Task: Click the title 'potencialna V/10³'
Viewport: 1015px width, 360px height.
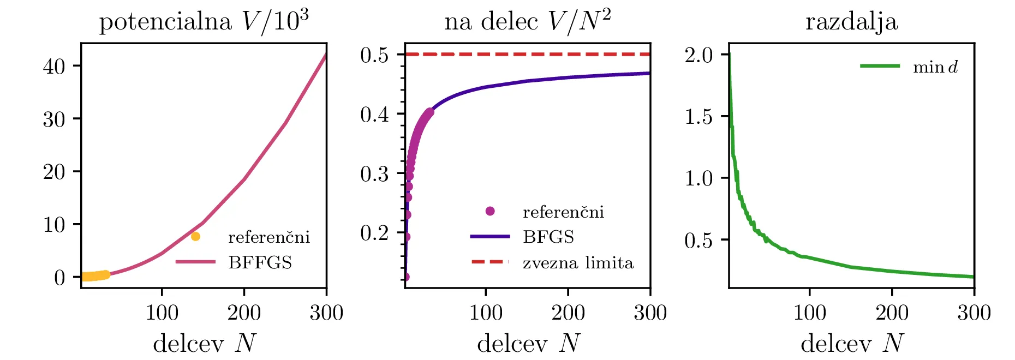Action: (x=204, y=22)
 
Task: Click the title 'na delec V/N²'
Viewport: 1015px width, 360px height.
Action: (x=527, y=22)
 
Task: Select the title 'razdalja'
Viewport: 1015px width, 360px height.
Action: (x=851, y=22)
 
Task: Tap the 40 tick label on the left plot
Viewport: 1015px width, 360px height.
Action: (x=54, y=67)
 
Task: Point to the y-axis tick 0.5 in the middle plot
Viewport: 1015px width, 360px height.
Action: (x=374, y=55)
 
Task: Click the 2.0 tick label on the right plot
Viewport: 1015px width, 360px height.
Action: (x=698, y=55)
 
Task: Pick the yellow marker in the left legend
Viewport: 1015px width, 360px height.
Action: (x=195, y=237)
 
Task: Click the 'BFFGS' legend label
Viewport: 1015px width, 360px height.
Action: (x=260, y=263)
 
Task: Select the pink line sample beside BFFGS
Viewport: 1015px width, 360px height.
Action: (x=195, y=262)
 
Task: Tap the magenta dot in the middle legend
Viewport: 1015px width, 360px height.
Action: (x=490, y=211)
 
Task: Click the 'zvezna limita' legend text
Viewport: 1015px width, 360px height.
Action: (x=578, y=263)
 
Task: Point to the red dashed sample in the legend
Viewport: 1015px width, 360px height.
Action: (x=490, y=262)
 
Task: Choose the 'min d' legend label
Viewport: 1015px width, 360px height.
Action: (x=935, y=67)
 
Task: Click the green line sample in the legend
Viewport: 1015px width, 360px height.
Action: (x=880, y=66)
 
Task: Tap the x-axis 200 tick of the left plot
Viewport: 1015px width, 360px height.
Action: (x=244, y=313)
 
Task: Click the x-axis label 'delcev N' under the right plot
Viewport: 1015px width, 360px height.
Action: (x=851, y=343)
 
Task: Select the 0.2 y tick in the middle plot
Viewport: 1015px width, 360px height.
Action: (x=374, y=233)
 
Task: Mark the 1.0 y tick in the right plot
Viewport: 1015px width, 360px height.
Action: (x=698, y=178)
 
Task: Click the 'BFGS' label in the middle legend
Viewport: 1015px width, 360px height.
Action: (x=548, y=237)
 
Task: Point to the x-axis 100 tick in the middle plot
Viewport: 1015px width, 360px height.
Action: (x=486, y=313)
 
